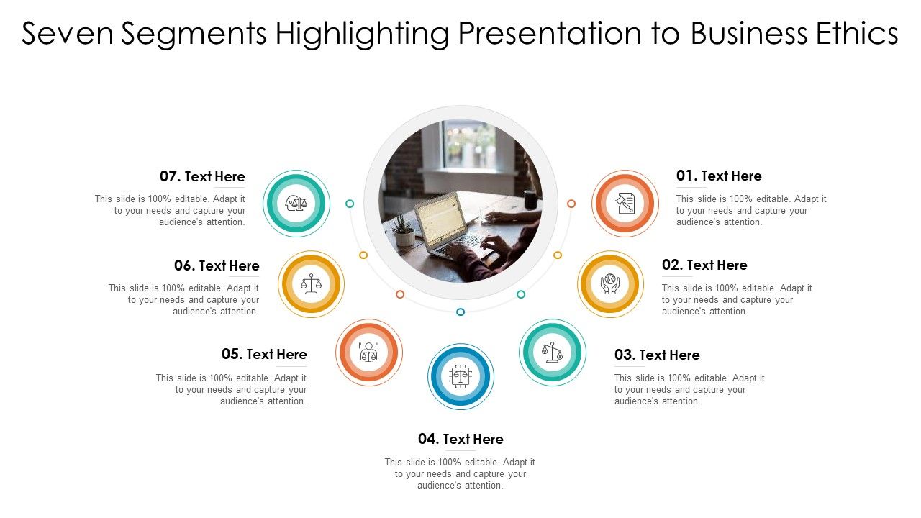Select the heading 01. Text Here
pos(719,176)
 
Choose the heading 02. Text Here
pos(704,265)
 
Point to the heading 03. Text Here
pos(657,355)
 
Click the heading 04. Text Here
pos(460,439)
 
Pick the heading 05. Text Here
pos(264,354)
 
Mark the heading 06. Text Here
pos(217,265)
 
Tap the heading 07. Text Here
pos(202,176)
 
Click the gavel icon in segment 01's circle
pos(625,204)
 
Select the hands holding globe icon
pos(610,283)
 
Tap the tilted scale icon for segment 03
pos(552,352)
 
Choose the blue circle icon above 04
pos(460,376)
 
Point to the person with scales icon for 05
pos(369,352)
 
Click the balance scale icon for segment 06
pos(311,283)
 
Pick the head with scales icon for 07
pos(296,204)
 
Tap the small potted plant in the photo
pos(404,232)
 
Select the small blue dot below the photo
pos(460,312)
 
